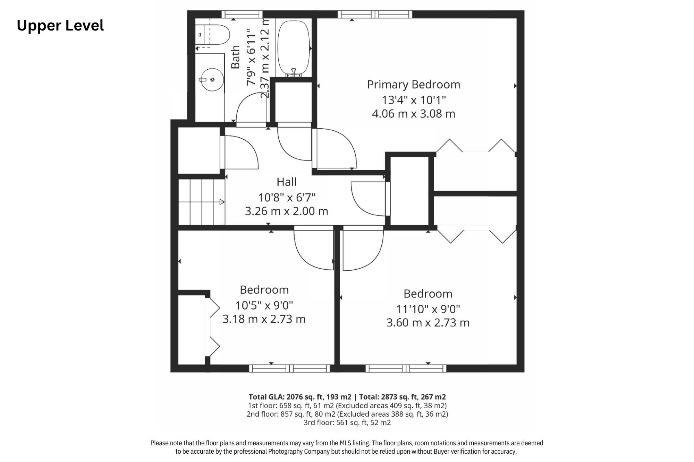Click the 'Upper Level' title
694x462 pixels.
[60, 26]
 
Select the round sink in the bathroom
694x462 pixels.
[211, 80]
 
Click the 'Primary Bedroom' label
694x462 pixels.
[414, 85]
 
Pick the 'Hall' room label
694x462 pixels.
[287, 182]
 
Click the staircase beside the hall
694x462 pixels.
[202, 202]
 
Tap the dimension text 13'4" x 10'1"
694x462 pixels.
[414, 100]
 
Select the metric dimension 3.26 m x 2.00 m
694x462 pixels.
[287, 211]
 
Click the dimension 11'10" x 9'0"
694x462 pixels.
[428, 309]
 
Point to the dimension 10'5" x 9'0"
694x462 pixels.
[264, 305]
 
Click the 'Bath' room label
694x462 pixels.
[236, 57]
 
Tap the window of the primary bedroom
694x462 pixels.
[375, 14]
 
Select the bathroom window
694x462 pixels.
[242, 14]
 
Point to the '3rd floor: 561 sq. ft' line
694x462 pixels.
[347, 423]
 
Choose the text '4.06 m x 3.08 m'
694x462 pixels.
[414, 114]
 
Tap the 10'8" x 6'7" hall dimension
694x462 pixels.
[287, 198]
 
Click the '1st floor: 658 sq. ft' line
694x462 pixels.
[347, 406]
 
